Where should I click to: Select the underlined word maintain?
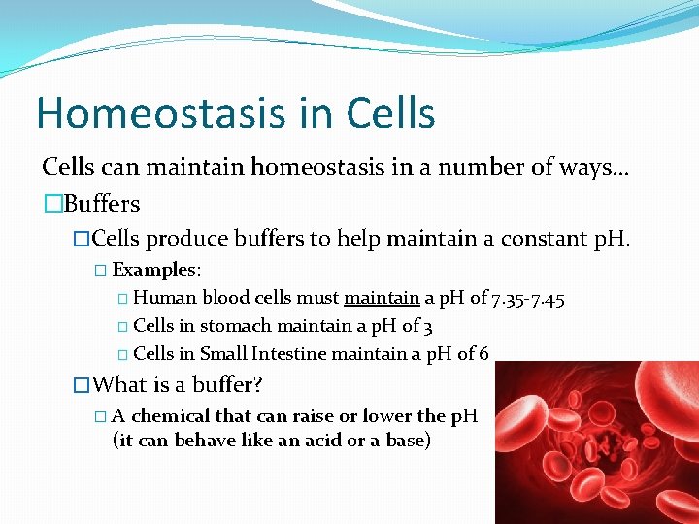click(x=382, y=298)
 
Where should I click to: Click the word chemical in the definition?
click(x=170, y=416)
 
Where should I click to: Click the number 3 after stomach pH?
click(x=428, y=326)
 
